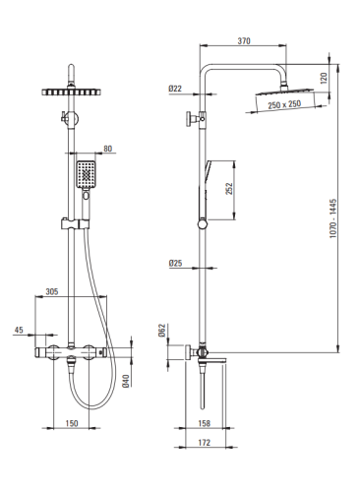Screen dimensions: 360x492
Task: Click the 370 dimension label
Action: pos(244,41)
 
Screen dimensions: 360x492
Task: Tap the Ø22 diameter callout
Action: pos(175,89)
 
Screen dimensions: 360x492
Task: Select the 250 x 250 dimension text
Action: pos(284,104)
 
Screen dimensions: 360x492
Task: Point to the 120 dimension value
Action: pos(324,78)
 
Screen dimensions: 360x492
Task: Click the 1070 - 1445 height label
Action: pos(333,218)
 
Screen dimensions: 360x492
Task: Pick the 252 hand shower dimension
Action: pos(229,189)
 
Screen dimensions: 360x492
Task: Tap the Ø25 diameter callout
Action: pos(175,263)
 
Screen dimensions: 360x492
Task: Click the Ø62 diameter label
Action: pos(162,331)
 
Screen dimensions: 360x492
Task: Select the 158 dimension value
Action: pos(204,423)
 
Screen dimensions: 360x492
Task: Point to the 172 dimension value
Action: pos(204,443)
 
